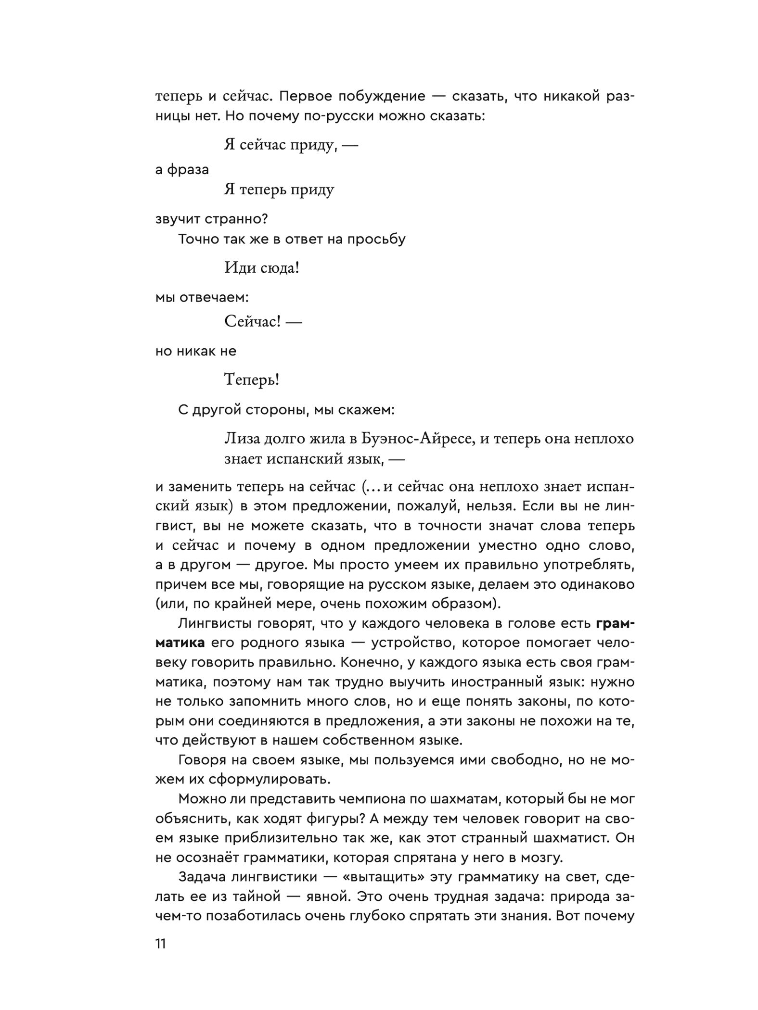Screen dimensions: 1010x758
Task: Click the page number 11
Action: point(161,944)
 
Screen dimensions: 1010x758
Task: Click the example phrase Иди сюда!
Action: point(262,268)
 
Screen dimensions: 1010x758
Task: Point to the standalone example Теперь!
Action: point(252,380)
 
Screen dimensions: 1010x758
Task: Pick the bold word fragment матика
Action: point(180,643)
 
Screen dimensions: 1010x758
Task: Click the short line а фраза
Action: point(182,170)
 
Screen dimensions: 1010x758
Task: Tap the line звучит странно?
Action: point(211,219)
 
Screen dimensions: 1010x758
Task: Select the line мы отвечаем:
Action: point(202,297)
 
